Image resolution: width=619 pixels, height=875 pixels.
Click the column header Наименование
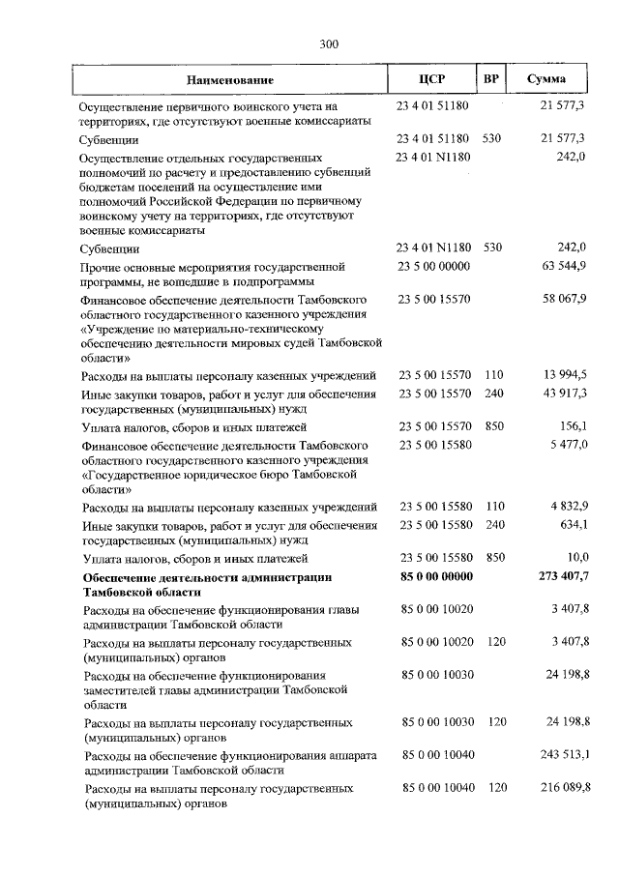pyautogui.click(x=230, y=79)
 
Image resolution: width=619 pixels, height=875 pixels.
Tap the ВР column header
pyautogui.click(x=491, y=79)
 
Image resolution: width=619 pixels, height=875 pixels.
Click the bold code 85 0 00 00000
pyautogui.click(x=435, y=577)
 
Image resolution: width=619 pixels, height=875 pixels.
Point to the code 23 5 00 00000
pyautogui.click(x=433, y=266)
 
